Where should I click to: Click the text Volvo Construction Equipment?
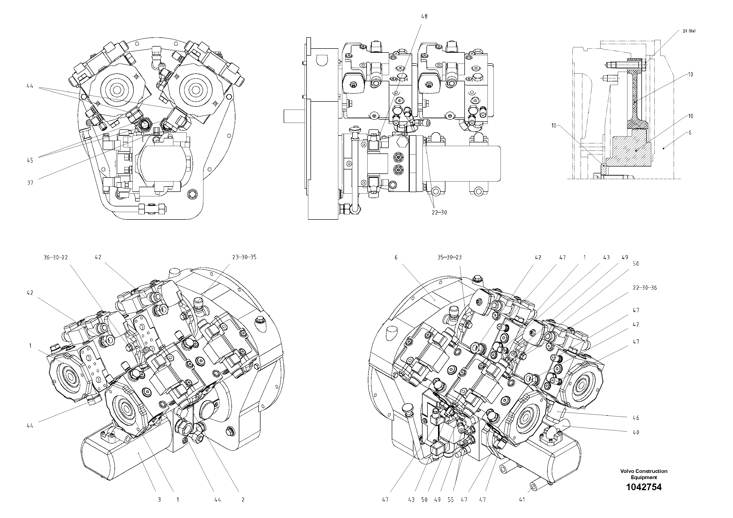(644, 474)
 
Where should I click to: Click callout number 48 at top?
(424, 16)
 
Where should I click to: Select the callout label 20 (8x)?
(689, 31)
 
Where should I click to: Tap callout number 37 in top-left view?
(30, 183)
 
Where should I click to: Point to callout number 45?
(30, 160)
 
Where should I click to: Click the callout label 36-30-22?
(56, 257)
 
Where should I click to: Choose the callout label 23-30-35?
(244, 257)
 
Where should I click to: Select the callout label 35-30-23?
(450, 257)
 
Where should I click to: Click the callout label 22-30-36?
(645, 288)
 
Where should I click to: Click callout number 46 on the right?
(636, 418)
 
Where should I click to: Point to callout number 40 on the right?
(636, 433)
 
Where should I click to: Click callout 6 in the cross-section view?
(690, 133)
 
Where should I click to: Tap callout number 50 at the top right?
(636, 264)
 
